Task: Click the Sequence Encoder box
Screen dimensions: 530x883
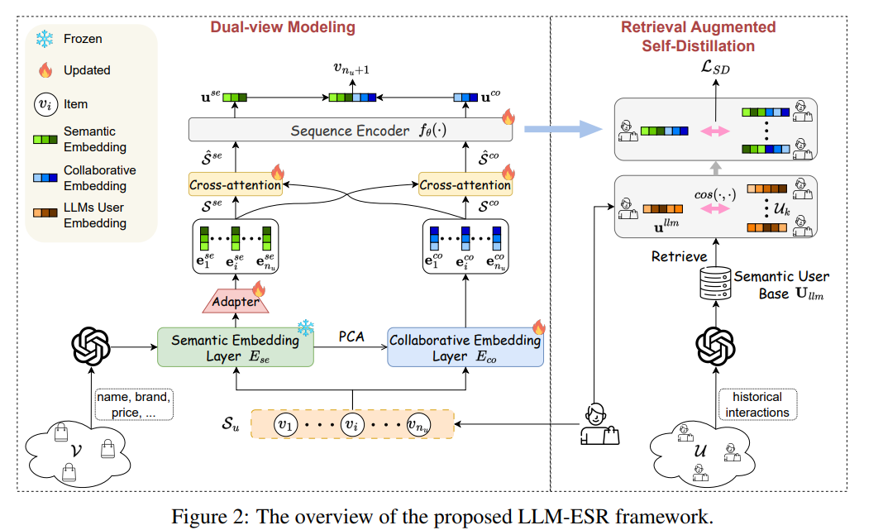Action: [351, 131]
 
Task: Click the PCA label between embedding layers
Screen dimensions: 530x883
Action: [351, 336]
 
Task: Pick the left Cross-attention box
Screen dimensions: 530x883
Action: [235, 184]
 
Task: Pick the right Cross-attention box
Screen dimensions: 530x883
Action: [465, 184]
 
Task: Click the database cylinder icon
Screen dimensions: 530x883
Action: [716, 281]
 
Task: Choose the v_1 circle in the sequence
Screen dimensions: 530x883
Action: [284, 425]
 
